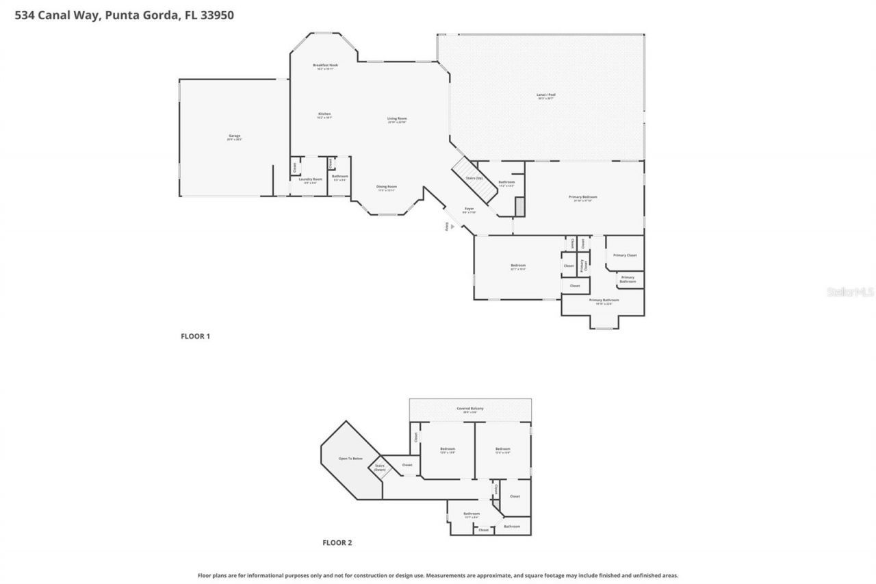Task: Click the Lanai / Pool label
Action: click(x=545, y=96)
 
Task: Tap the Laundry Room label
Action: click(x=310, y=180)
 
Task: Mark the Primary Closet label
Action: click(x=624, y=255)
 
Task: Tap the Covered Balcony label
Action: click(x=470, y=409)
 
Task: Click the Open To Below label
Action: click(x=350, y=458)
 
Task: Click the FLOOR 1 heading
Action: click(x=195, y=336)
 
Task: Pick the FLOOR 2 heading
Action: click(x=337, y=543)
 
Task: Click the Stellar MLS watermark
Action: click(x=850, y=292)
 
